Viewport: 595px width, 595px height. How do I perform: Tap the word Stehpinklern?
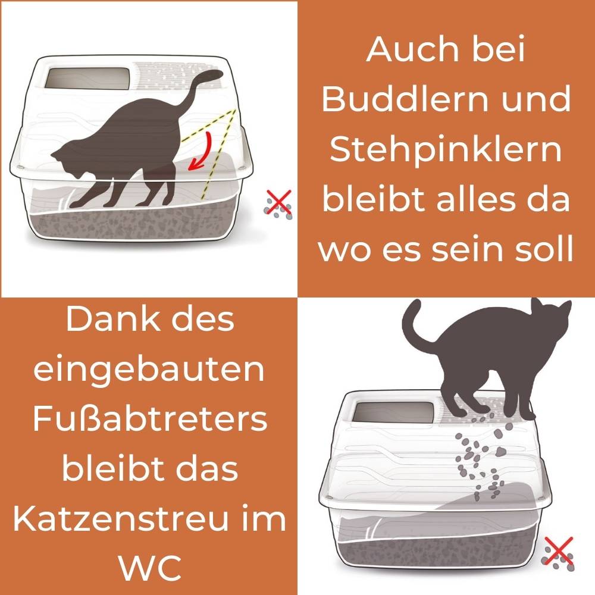(446, 151)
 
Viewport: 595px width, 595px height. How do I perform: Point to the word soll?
(541, 249)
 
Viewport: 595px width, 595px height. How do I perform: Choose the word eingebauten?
(149, 371)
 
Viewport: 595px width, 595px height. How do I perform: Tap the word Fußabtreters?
(149, 419)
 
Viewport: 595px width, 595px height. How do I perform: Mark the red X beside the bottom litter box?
(559, 550)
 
